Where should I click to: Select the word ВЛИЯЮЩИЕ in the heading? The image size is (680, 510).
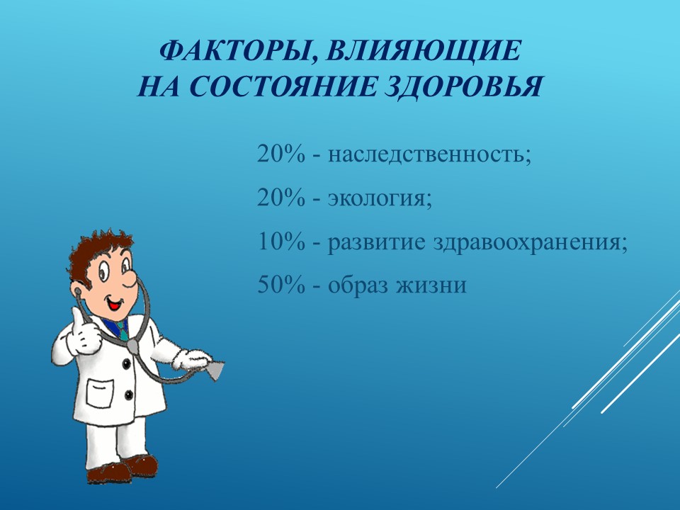[x=422, y=51]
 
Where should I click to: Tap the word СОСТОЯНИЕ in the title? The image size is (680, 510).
[x=283, y=86]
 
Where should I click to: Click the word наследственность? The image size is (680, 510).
[x=429, y=154]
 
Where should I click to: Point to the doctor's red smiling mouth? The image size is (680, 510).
[x=115, y=303]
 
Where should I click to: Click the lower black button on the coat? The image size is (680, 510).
[x=129, y=395]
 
